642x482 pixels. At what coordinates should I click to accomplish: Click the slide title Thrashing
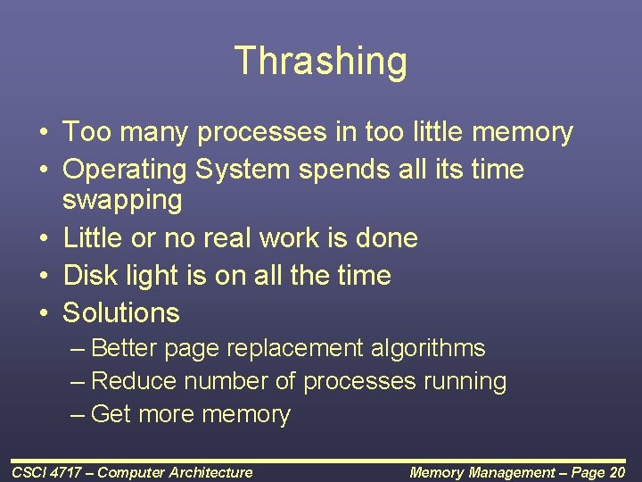[x=321, y=62]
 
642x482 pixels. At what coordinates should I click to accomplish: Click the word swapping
[x=122, y=200]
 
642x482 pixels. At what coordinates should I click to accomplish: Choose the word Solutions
[x=121, y=312]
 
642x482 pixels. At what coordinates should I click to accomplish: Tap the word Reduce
[x=135, y=381]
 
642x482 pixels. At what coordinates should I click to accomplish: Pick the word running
[x=465, y=382]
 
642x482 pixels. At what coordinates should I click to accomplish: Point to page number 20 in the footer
[x=616, y=472]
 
